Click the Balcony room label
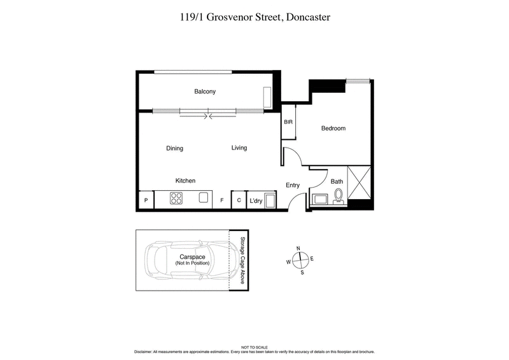click(x=205, y=92)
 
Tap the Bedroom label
click(x=333, y=128)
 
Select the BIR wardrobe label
click(x=288, y=121)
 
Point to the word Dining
click(x=174, y=149)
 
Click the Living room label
click(x=239, y=148)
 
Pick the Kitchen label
click(x=185, y=181)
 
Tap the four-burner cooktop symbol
click(x=177, y=198)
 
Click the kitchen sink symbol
click(x=204, y=198)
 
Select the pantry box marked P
click(x=146, y=201)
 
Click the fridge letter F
click(x=222, y=201)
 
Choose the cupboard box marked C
click(x=239, y=200)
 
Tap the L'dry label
click(x=256, y=201)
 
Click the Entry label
click(x=293, y=186)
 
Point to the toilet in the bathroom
click(x=339, y=195)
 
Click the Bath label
click(x=337, y=181)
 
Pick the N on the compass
click(x=298, y=249)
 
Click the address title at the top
click(x=254, y=17)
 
